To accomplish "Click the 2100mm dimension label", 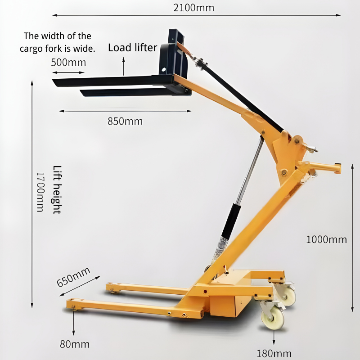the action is coord(193,8).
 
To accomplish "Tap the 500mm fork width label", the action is coord(68,63).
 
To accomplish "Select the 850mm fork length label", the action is coord(125,121).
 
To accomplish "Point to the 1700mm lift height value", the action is coord(40,192).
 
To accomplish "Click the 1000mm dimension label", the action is coord(327,240).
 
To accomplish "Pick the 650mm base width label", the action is coord(73,277).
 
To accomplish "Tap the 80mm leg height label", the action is coord(75,344).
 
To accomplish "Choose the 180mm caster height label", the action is coord(274,354).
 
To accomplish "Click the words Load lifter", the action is coord(132,48).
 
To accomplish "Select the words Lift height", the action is coord(57,189).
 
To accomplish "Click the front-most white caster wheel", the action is coord(273,317).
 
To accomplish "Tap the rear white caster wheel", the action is coord(287,296).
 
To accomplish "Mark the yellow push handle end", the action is coord(337,168).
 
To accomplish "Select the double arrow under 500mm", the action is coord(68,72).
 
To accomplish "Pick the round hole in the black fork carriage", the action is coord(163,69).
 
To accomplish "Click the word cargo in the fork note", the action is coord(31,49).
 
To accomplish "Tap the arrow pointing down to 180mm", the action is coord(274,337).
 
